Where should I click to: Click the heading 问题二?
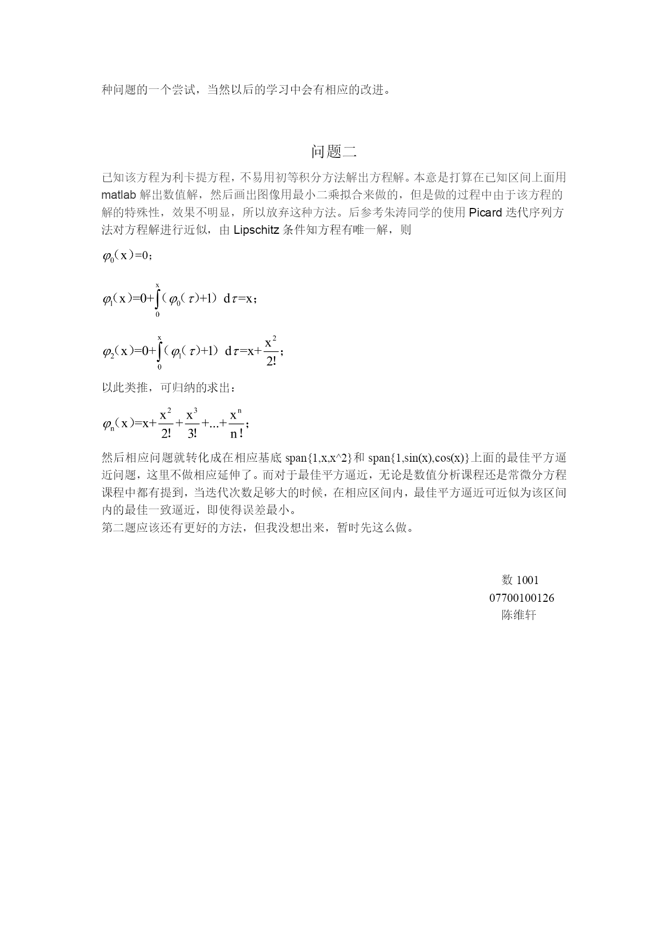point(334,152)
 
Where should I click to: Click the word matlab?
point(118,194)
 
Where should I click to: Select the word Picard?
point(486,212)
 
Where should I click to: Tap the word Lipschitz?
point(256,230)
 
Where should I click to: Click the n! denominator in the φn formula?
point(236,433)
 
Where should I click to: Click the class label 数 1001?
point(520,580)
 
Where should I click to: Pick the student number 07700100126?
point(522,598)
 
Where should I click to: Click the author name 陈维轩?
point(519,615)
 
